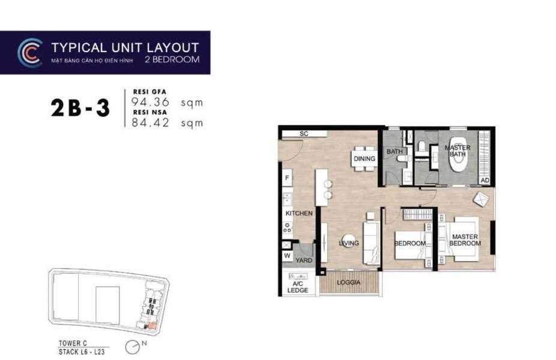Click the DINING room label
point(364,159)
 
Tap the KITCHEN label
point(299,214)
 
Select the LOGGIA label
point(349,283)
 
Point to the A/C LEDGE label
point(297,287)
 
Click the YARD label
point(304,260)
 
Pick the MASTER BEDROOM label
point(465,240)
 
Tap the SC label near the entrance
point(304,134)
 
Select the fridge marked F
point(287,178)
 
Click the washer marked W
point(287,256)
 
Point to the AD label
point(485,181)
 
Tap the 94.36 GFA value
point(151,102)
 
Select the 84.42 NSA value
point(151,122)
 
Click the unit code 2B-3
point(80,108)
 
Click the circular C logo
point(29,52)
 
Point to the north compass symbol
point(133,347)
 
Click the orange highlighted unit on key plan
point(151,326)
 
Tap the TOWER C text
point(73,343)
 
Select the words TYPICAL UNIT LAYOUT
point(125,48)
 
